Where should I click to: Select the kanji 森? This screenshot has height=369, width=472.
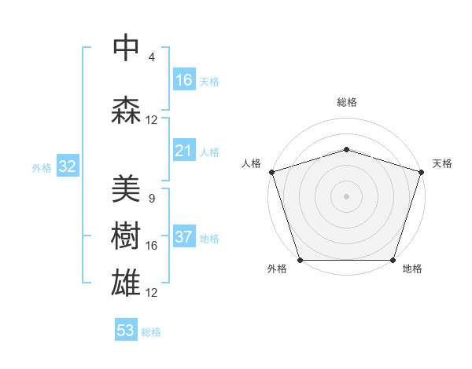click(x=125, y=110)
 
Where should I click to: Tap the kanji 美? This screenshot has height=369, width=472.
click(x=125, y=188)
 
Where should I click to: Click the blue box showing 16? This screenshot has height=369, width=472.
click(x=183, y=80)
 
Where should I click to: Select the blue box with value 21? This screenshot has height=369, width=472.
click(x=183, y=152)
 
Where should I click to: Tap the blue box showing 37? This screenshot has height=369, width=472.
click(x=183, y=238)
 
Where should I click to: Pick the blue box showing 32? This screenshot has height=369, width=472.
click(x=67, y=166)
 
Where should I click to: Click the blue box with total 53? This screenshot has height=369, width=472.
click(x=126, y=331)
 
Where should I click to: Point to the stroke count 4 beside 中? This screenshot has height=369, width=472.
click(x=151, y=57)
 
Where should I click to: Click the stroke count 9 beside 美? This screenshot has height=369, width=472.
click(x=151, y=199)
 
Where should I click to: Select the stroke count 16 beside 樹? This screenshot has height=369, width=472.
click(x=151, y=246)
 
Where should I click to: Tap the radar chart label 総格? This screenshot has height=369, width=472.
click(x=346, y=102)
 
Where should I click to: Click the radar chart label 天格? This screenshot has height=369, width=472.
click(x=442, y=163)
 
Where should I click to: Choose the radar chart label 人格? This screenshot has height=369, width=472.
click(x=251, y=163)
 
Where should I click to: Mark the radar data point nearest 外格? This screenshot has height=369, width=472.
click(x=300, y=260)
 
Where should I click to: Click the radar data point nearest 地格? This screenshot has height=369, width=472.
click(x=393, y=260)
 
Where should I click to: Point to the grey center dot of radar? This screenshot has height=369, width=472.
click(x=346, y=195)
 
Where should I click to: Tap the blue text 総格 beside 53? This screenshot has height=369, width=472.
click(x=151, y=332)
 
